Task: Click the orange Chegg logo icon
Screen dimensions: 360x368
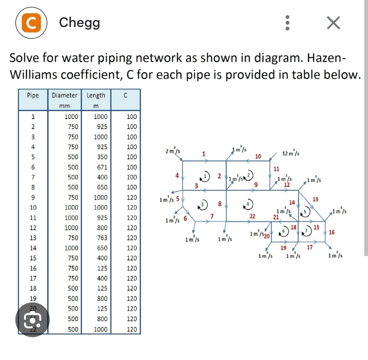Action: (x=31, y=23)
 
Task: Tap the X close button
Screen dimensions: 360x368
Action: (x=333, y=23)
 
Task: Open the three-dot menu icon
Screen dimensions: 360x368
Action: (x=287, y=23)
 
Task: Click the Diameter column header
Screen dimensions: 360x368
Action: (x=64, y=95)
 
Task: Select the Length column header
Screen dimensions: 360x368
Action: (x=96, y=95)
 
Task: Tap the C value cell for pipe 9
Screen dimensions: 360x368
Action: (x=132, y=197)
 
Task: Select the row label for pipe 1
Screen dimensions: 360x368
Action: (x=33, y=117)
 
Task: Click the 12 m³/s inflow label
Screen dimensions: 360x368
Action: (x=291, y=153)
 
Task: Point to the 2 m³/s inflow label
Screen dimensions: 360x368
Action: (x=173, y=150)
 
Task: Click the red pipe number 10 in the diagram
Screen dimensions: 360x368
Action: (x=258, y=156)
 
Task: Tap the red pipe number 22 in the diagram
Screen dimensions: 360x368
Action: (x=252, y=216)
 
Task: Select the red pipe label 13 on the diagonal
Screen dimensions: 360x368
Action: (x=315, y=199)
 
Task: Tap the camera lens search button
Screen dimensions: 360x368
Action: (x=32, y=320)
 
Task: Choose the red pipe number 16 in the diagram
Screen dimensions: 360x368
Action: (x=332, y=232)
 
